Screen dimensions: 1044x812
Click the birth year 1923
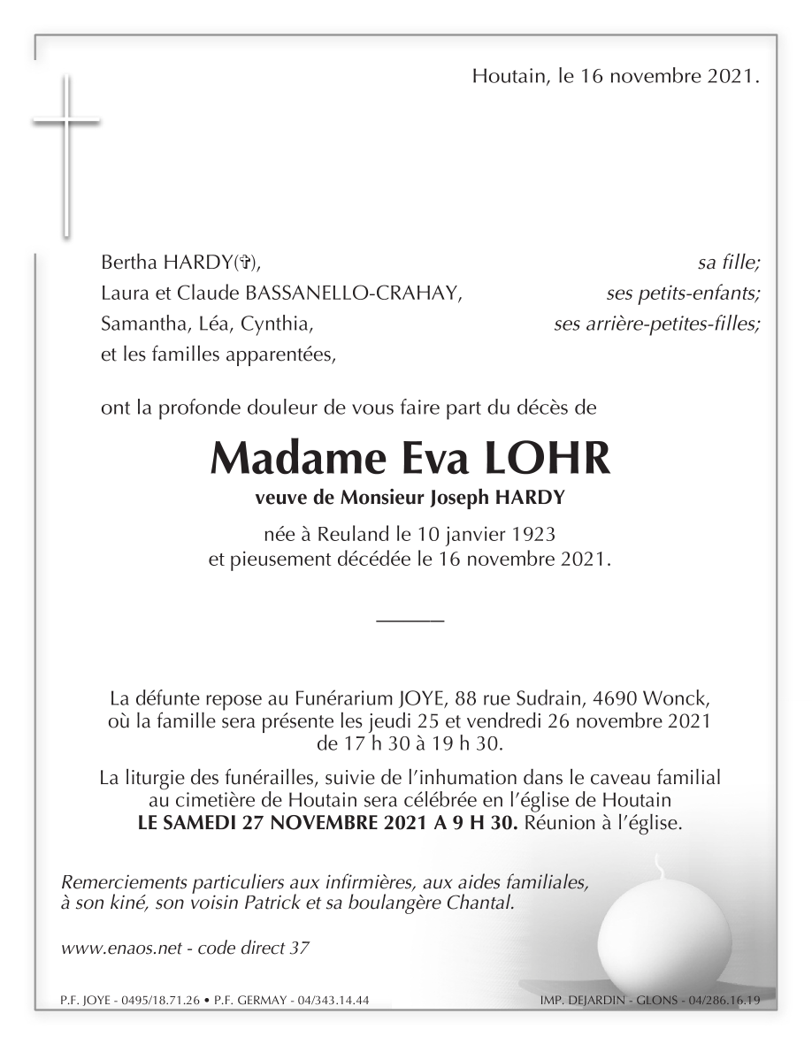click(x=530, y=534)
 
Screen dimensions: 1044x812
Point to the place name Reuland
click(x=332, y=534)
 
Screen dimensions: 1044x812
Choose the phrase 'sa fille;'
click(x=729, y=262)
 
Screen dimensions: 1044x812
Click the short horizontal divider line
click(x=410, y=623)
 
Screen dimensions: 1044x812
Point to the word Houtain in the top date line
click(x=508, y=77)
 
